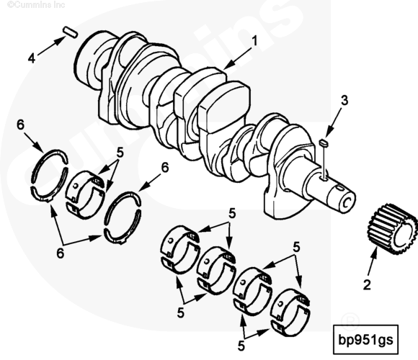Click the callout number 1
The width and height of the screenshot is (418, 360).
point(255,41)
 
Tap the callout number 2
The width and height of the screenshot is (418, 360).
point(367,284)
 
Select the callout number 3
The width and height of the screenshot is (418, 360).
point(344,101)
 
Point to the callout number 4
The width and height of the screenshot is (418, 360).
point(32,58)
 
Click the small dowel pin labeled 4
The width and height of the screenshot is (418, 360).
point(71,32)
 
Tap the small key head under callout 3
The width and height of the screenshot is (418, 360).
point(324,143)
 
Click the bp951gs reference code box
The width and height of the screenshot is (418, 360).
point(366,340)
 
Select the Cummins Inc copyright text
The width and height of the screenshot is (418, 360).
point(36,4)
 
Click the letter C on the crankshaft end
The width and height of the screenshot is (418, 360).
point(346,203)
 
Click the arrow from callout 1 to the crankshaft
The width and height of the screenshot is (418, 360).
point(238,59)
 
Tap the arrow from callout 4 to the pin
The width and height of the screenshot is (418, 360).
point(51,46)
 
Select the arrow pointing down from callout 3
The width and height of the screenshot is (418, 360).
point(334,122)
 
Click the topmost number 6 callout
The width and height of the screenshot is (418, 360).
point(20,125)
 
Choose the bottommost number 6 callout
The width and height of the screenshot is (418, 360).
point(61,253)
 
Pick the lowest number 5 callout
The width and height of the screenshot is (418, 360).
point(241,346)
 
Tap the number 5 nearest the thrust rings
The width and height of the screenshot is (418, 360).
point(120,153)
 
